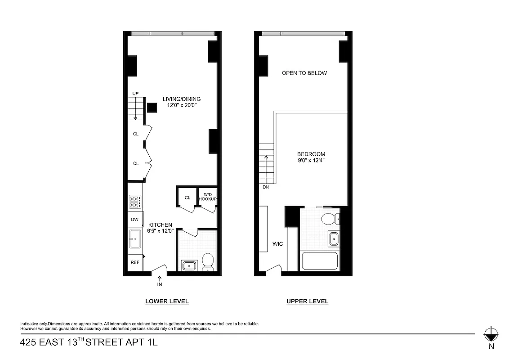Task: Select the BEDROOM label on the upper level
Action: [x=311, y=154]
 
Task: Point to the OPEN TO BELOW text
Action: [x=304, y=73]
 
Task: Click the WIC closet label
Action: [x=277, y=244]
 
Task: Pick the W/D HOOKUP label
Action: [x=208, y=197]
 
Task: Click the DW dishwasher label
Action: [x=134, y=219]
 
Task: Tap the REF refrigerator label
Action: [x=134, y=262]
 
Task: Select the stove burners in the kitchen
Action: [x=135, y=201]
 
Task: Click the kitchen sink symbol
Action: [x=135, y=238]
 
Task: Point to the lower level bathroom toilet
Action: [x=208, y=261]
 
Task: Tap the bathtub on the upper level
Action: [x=319, y=261]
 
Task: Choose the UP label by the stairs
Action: [x=135, y=93]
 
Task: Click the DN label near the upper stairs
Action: [x=266, y=187]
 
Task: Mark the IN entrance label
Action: [x=160, y=284]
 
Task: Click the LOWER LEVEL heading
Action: [x=167, y=301]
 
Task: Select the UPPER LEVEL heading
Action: [x=308, y=301]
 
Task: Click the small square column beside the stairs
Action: [x=152, y=108]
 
